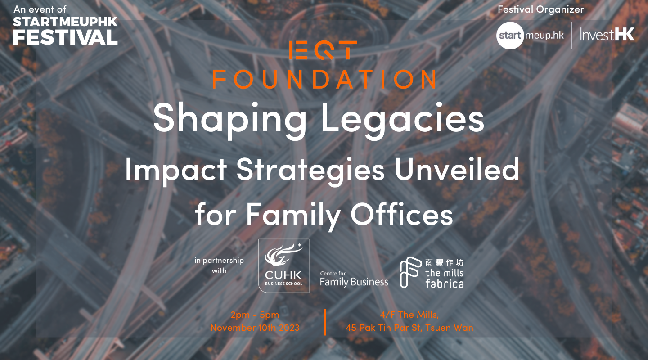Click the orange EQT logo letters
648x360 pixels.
323,50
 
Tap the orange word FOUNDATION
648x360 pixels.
324,79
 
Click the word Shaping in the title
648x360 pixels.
230,120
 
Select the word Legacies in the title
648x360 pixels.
402,120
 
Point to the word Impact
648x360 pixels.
176,171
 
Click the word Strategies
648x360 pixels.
310,171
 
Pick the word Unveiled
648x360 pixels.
457,169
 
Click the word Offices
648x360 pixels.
401,214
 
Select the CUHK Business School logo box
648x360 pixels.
283,265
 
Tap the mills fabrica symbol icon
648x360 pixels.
410,272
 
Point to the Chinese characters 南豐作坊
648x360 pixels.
444,262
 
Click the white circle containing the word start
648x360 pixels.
510,36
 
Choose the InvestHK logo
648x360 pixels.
607,35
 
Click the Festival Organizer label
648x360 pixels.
541,9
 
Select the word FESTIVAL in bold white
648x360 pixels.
65,37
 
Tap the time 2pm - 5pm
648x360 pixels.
255,315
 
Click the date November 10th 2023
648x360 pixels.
255,328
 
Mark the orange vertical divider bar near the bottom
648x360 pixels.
325,322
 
